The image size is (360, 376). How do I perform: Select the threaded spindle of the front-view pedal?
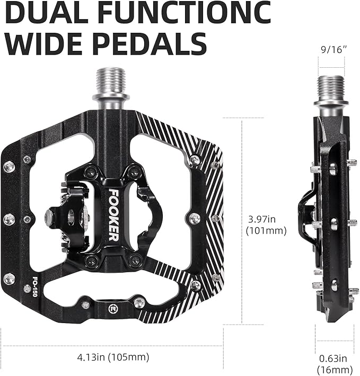click(111, 85)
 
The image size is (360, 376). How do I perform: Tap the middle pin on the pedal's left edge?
click(9, 219)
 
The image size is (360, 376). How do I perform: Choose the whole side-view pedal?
click(329, 207)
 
